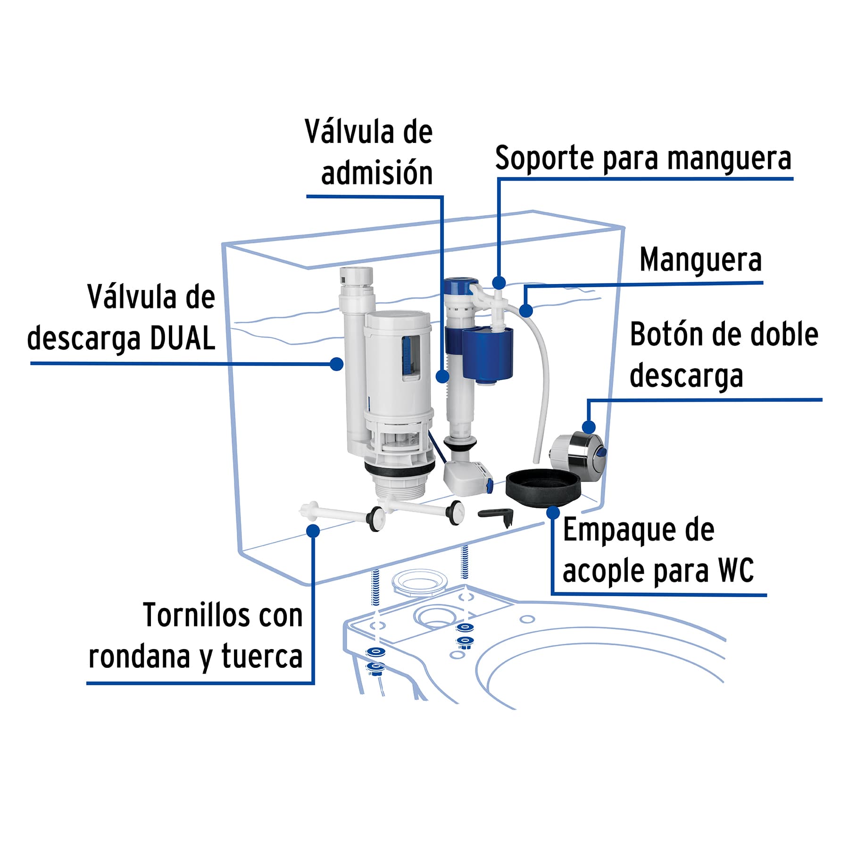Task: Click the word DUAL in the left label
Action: click(x=183, y=339)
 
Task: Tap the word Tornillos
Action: click(x=196, y=616)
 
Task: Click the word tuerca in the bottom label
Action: click(x=262, y=657)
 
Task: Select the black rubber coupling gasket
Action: click(x=542, y=488)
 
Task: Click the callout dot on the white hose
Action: click(x=526, y=311)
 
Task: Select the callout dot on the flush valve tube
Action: click(x=336, y=364)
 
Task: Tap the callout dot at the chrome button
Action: click(x=588, y=427)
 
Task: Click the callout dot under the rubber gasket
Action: click(x=553, y=513)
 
